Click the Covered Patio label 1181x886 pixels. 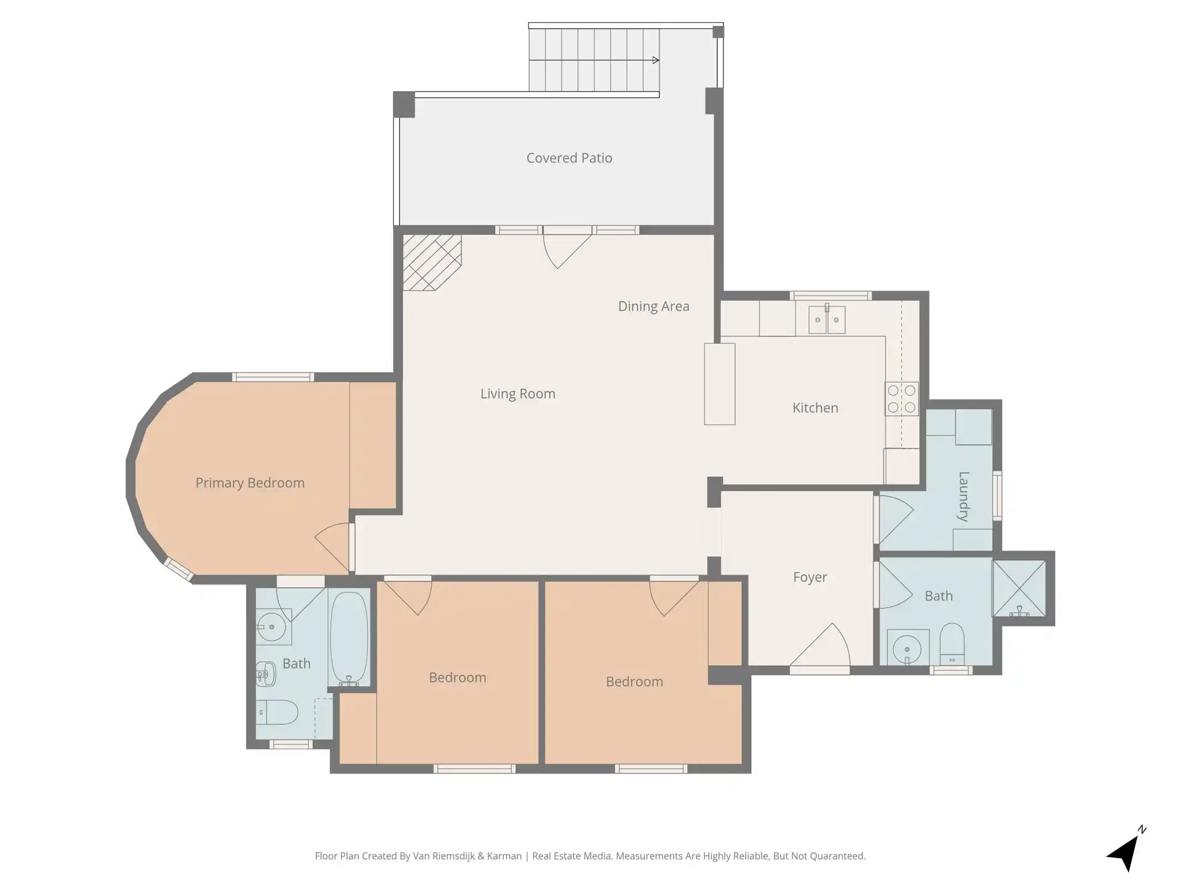pyautogui.click(x=569, y=158)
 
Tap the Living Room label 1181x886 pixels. pyautogui.click(x=518, y=394)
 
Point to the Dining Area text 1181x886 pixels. pyautogui.click(x=653, y=306)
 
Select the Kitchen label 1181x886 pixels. pyautogui.click(x=815, y=408)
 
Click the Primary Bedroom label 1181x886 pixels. pyautogui.click(x=250, y=483)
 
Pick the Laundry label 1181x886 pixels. pyautogui.click(x=963, y=497)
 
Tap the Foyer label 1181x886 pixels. pyautogui.click(x=810, y=577)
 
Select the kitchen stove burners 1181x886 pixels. pyautogui.click(x=902, y=399)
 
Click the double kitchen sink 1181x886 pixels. pyautogui.click(x=827, y=319)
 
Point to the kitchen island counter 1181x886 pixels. pyautogui.click(x=720, y=384)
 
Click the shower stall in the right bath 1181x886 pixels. pyautogui.click(x=1019, y=588)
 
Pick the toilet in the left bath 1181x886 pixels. pyautogui.click(x=277, y=712)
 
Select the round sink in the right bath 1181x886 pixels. pyautogui.click(x=907, y=649)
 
